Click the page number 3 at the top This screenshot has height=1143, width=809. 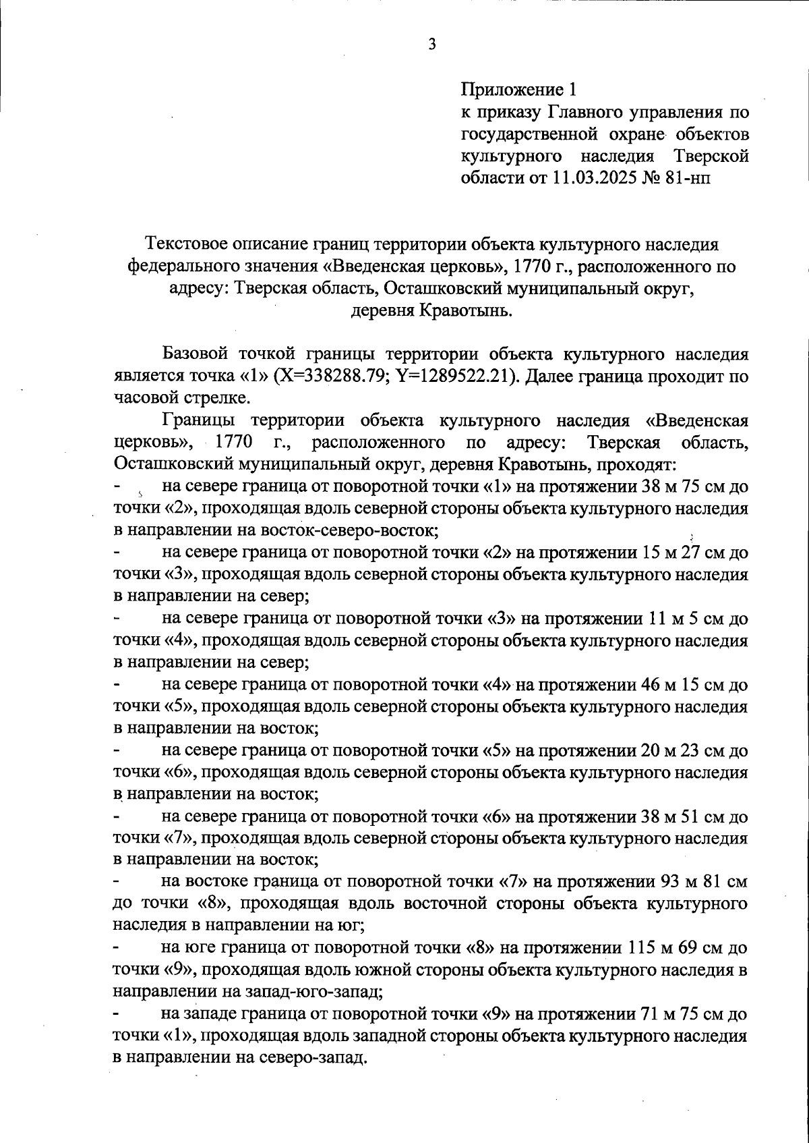pos(432,45)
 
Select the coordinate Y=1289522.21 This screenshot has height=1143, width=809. pos(458,377)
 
